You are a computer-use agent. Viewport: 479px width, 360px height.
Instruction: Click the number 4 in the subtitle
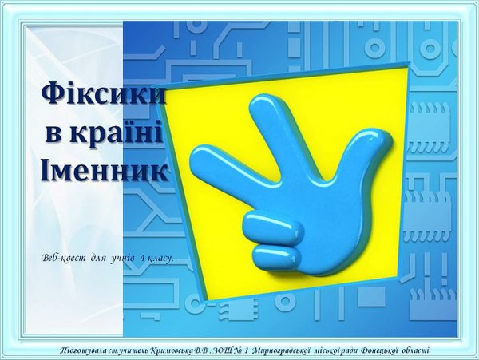(141, 259)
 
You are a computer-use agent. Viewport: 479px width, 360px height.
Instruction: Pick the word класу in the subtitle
(160, 259)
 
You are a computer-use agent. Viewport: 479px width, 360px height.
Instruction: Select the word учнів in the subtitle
(121, 259)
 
